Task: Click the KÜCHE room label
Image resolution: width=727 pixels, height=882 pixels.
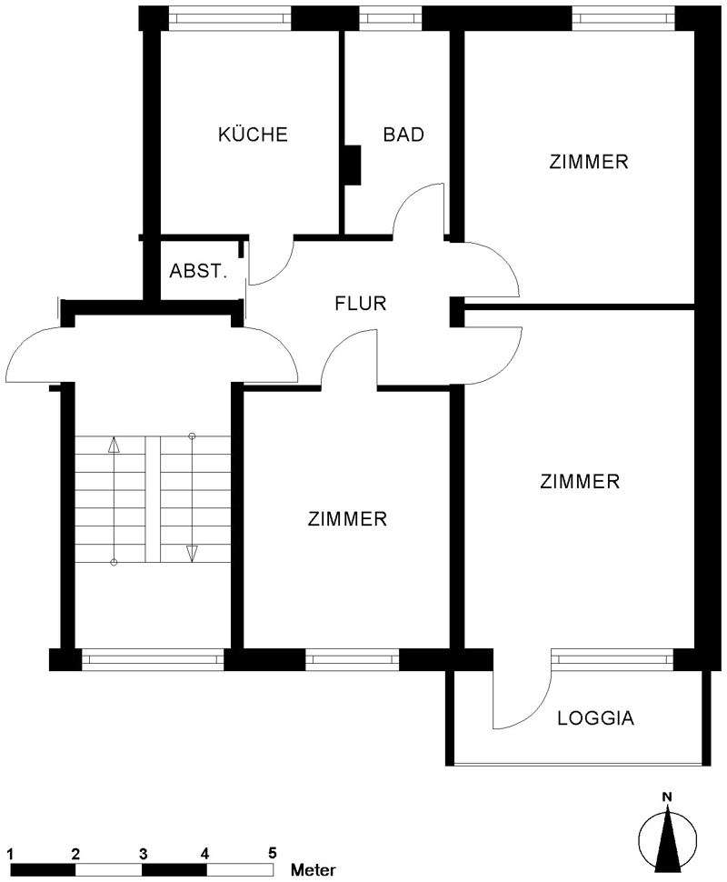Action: pos(253,135)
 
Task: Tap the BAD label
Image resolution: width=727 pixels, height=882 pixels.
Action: pos(403,135)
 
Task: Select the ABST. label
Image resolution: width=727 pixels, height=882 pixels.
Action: pos(198,271)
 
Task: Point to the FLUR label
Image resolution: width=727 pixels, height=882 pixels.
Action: pos(361,304)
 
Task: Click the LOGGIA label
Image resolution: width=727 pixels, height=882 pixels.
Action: pos(595,718)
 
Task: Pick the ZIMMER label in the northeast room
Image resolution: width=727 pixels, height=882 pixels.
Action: pos(589,162)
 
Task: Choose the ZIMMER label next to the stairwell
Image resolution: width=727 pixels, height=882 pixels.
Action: pos(347,519)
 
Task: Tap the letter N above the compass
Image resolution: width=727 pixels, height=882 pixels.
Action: pos(667,798)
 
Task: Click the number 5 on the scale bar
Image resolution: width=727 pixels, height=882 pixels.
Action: pos(272,853)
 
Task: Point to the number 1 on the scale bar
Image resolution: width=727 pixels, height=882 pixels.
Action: pos(9,853)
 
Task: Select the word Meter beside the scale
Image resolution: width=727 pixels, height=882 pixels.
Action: pos(314,870)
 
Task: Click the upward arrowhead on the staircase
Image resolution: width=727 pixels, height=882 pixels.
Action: pos(114,445)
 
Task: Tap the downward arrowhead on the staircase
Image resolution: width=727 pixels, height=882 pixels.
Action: pos(192,553)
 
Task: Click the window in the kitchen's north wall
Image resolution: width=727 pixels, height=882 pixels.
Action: pos(230,17)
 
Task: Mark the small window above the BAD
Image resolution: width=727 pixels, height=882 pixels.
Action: pos(390,17)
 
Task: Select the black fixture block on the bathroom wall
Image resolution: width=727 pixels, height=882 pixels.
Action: pos(353,164)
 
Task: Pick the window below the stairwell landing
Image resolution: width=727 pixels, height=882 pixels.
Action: pos(152,659)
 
